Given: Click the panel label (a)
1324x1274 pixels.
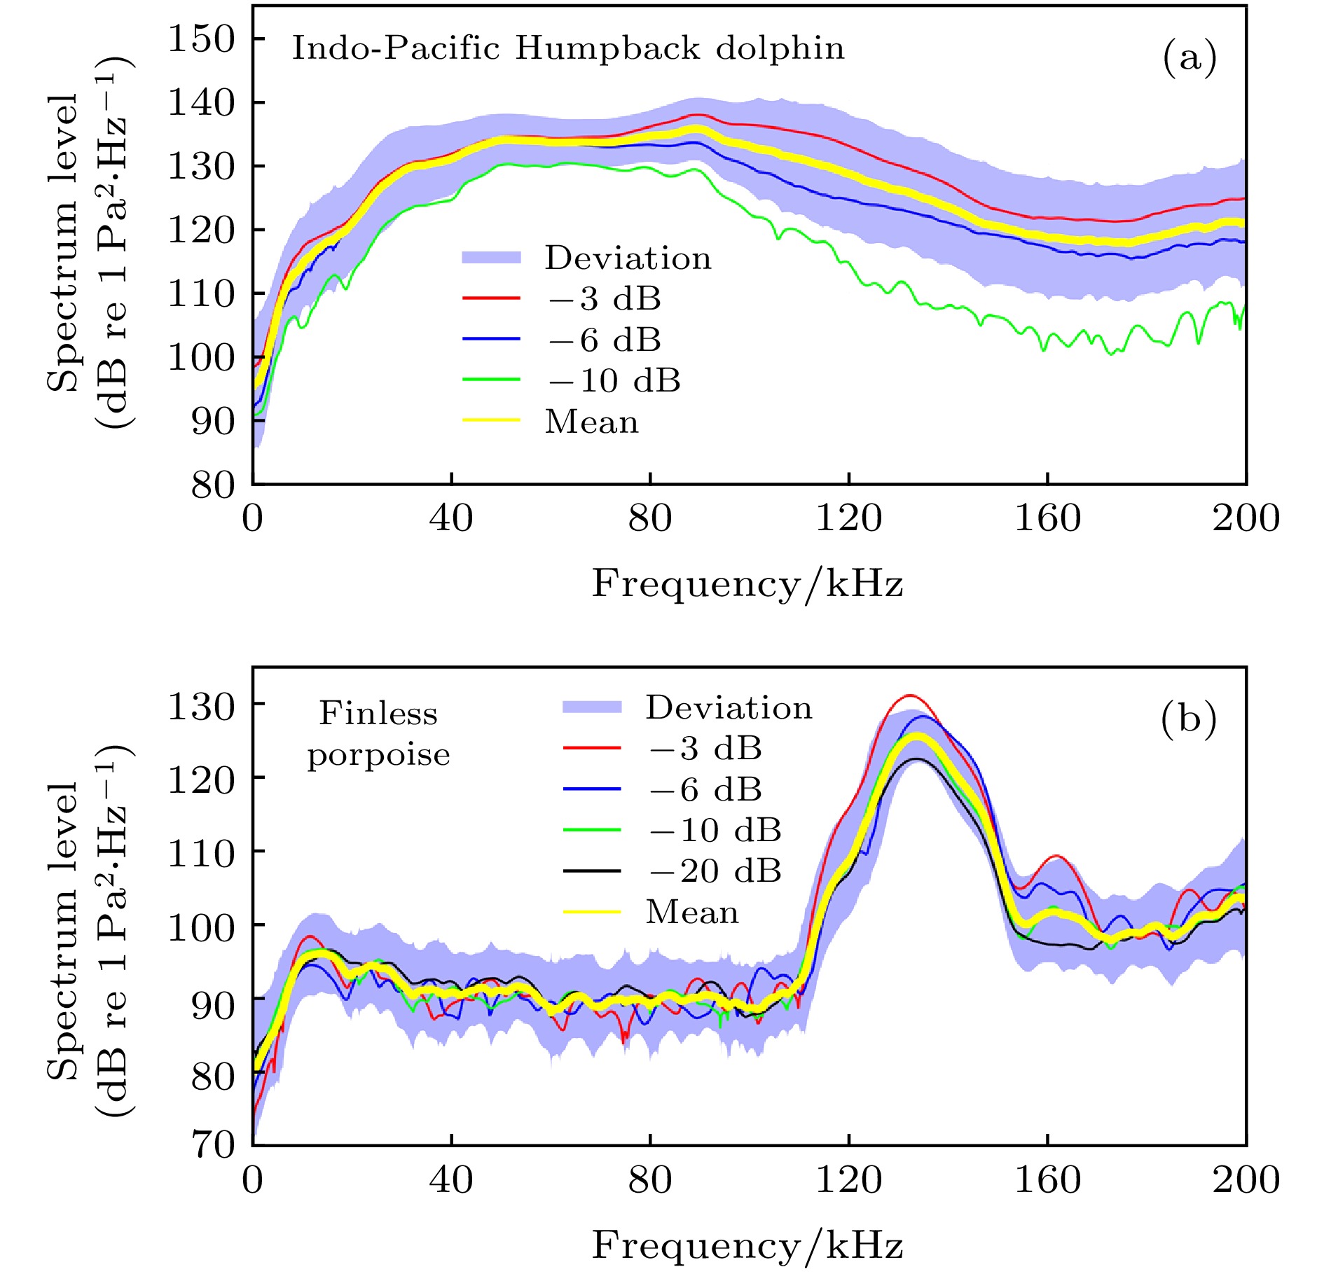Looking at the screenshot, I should [x=1189, y=57].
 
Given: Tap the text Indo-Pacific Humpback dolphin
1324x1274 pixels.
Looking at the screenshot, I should [x=568, y=49].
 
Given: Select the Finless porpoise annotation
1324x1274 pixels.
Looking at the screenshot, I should [x=378, y=735].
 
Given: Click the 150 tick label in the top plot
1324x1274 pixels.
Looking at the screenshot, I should [x=202, y=39].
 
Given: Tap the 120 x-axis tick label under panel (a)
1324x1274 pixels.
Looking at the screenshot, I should [x=848, y=519].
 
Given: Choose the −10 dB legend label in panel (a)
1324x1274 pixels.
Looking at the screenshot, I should [x=614, y=381].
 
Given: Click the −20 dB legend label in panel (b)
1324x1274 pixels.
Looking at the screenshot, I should [x=715, y=871].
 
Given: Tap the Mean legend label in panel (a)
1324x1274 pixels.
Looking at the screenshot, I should [x=592, y=422].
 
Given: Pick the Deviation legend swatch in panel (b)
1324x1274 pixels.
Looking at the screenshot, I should [x=592, y=707].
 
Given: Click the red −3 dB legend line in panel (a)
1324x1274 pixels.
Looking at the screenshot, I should [x=491, y=299].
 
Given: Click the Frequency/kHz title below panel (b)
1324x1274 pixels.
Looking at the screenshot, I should [x=747, y=1246].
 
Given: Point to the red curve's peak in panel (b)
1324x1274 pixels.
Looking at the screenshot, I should [x=909, y=695].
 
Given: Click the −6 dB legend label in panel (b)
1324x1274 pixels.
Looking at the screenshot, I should [x=705, y=790].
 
